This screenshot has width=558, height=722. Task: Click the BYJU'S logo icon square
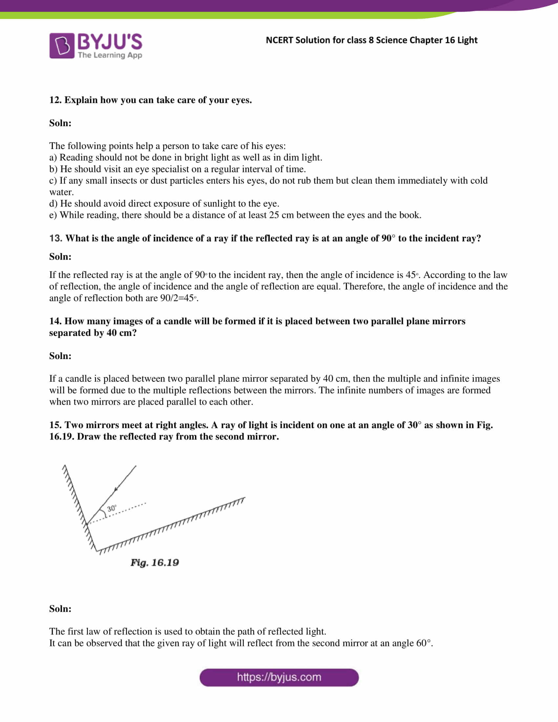(62, 46)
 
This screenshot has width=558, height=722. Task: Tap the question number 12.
(55, 100)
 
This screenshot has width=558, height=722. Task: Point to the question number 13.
(55, 238)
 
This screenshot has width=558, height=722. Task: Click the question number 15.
(55, 425)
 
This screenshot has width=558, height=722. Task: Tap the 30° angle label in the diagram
(112, 508)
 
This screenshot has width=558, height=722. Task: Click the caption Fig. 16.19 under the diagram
(155, 562)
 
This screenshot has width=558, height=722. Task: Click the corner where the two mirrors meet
(97, 550)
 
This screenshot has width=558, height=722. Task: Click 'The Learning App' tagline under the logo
(110, 55)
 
